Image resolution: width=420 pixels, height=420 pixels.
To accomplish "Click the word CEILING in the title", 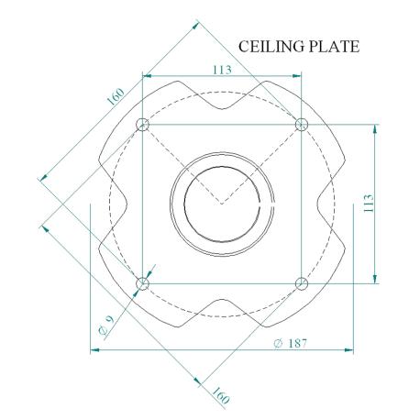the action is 271,47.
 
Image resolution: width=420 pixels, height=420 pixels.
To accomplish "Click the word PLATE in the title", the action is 334,47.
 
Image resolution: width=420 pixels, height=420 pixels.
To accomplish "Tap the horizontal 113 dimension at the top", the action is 222,70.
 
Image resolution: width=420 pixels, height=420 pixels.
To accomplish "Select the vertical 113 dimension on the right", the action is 369,203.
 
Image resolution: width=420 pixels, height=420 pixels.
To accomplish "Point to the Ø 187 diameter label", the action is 290,343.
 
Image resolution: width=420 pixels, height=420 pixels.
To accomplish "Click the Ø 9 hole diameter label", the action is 106,325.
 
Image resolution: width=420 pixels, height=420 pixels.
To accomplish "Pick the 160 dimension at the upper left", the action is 116,96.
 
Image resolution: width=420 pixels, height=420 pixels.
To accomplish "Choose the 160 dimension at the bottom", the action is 220,395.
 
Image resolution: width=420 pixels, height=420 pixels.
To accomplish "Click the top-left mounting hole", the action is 142,125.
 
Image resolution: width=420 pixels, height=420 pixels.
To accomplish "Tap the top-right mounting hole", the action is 302,125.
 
